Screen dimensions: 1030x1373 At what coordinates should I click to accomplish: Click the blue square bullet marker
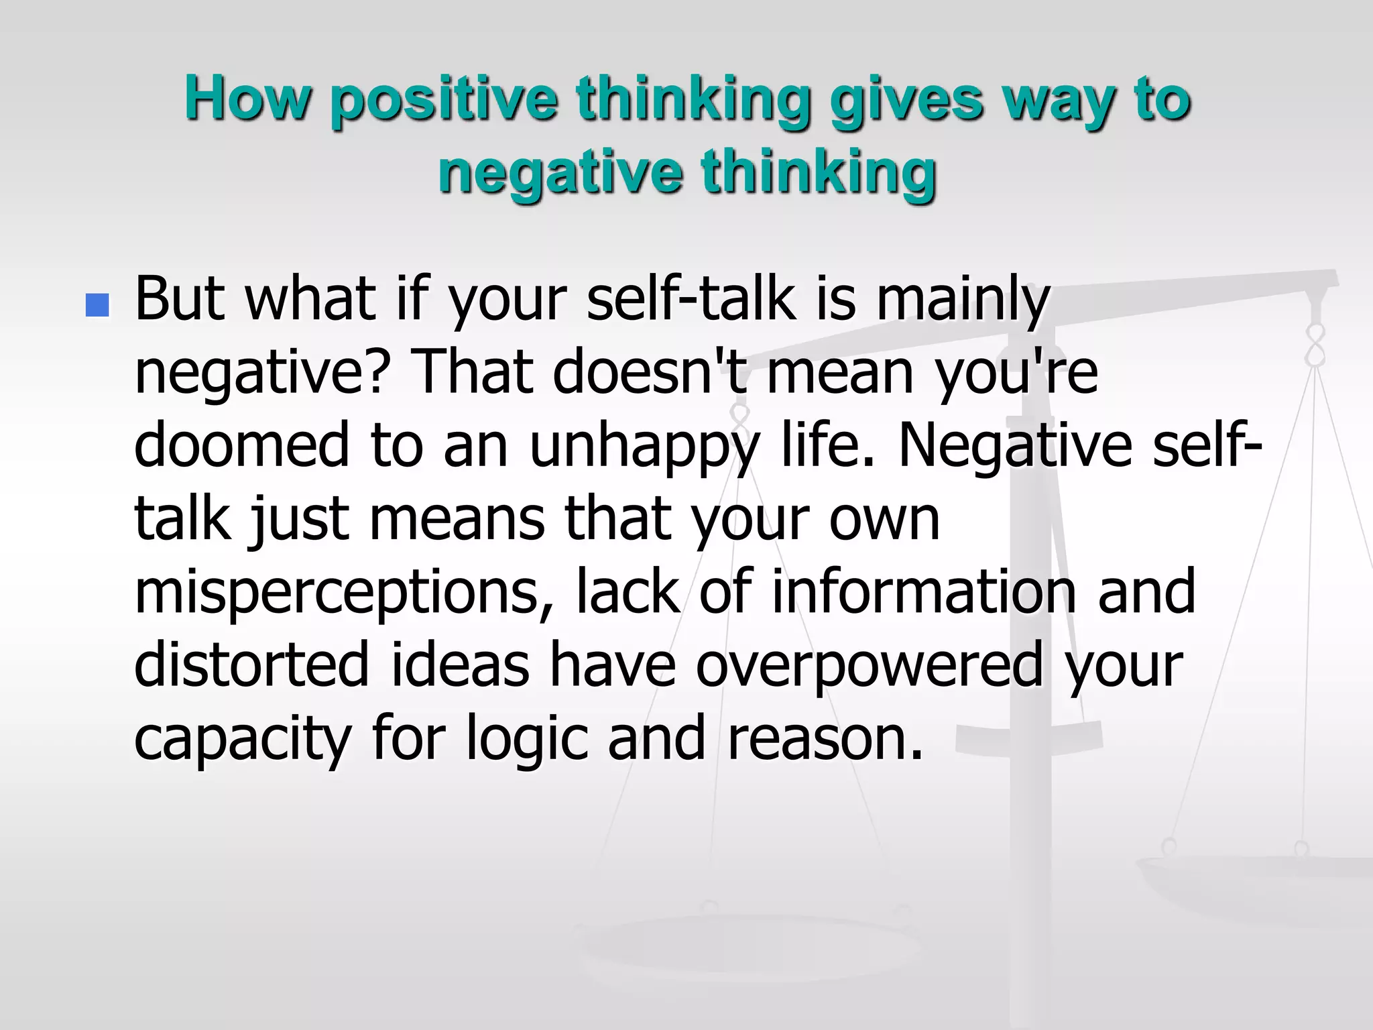click(x=97, y=305)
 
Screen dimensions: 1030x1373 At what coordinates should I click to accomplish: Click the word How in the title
click(x=248, y=99)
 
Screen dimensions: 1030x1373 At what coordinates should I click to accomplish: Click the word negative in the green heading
click(x=560, y=173)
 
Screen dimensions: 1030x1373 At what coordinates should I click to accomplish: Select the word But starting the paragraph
click(x=179, y=298)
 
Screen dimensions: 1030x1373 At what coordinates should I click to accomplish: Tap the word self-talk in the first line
click(x=691, y=298)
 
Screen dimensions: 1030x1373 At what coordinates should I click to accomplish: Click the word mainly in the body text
click(x=963, y=300)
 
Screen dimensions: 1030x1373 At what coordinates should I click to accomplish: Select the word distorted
click(x=251, y=664)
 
